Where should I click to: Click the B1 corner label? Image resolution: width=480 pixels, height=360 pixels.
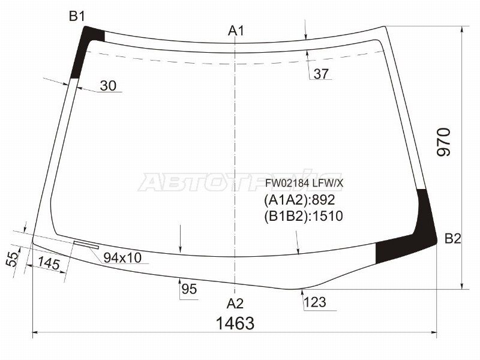click(x=77, y=16)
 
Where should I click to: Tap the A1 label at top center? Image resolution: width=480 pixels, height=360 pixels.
click(x=236, y=31)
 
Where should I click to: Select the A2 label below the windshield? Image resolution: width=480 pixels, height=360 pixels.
click(x=235, y=304)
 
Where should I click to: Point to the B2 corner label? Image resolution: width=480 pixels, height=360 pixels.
click(x=453, y=238)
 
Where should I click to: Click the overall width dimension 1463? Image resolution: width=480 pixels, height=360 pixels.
click(x=235, y=323)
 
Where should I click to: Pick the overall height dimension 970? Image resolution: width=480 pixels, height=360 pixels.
click(x=444, y=142)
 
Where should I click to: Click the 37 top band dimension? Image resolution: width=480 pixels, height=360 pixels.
click(x=321, y=74)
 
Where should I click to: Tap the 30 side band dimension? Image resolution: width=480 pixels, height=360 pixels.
click(x=108, y=86)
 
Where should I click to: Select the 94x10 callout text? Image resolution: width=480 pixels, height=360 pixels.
click(x=122, y=258)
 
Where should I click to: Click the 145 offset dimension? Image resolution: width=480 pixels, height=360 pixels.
click(x=49, y=263)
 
